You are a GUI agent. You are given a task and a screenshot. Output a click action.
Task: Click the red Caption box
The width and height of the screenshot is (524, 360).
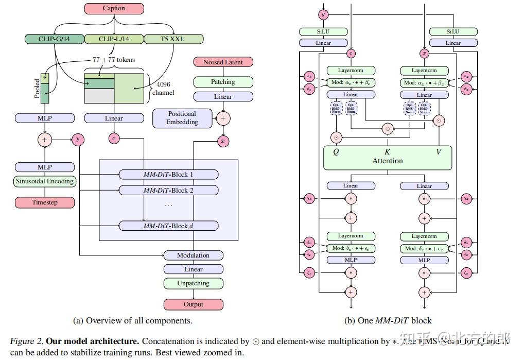(x=114, y=8)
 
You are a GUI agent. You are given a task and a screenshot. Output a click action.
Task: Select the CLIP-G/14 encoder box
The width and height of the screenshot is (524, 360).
(x=54, y=39)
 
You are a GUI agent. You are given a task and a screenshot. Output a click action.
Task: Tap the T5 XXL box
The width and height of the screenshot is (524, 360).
(x=173, y=39)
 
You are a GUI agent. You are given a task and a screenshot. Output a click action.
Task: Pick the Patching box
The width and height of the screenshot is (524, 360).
(x=223, y=82)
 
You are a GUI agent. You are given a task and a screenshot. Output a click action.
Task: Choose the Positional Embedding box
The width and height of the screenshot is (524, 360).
(x=182, y=118)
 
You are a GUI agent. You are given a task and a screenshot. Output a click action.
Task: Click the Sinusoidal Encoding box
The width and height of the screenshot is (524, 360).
(x=45, y=181)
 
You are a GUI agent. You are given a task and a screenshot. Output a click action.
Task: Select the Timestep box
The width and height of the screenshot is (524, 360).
(x=45, y=202)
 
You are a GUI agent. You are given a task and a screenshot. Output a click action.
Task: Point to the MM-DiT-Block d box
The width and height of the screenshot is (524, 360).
(x=168, y=226)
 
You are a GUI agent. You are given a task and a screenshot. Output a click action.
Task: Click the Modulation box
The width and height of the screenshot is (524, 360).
(x=193, y=255)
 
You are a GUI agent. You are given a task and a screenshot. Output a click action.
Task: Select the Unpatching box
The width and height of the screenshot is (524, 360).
(x=193, y=283)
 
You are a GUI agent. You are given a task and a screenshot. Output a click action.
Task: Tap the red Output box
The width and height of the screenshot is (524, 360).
(x=193, y=304)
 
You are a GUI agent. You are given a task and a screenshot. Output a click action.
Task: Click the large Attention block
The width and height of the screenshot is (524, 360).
(x=387, y=158)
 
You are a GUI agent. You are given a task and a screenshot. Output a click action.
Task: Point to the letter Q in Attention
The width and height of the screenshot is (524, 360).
(x=336, y=152)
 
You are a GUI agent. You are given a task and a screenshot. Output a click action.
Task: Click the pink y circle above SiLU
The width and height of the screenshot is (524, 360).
(x=323, y=14)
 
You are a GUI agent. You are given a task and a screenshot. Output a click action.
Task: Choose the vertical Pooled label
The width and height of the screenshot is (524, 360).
(x=37, y=89)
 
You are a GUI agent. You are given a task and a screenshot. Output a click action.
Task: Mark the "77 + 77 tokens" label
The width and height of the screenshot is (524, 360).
(x=113, y=60)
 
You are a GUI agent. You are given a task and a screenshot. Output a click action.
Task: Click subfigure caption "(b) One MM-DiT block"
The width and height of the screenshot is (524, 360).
(x=388, y=320)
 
